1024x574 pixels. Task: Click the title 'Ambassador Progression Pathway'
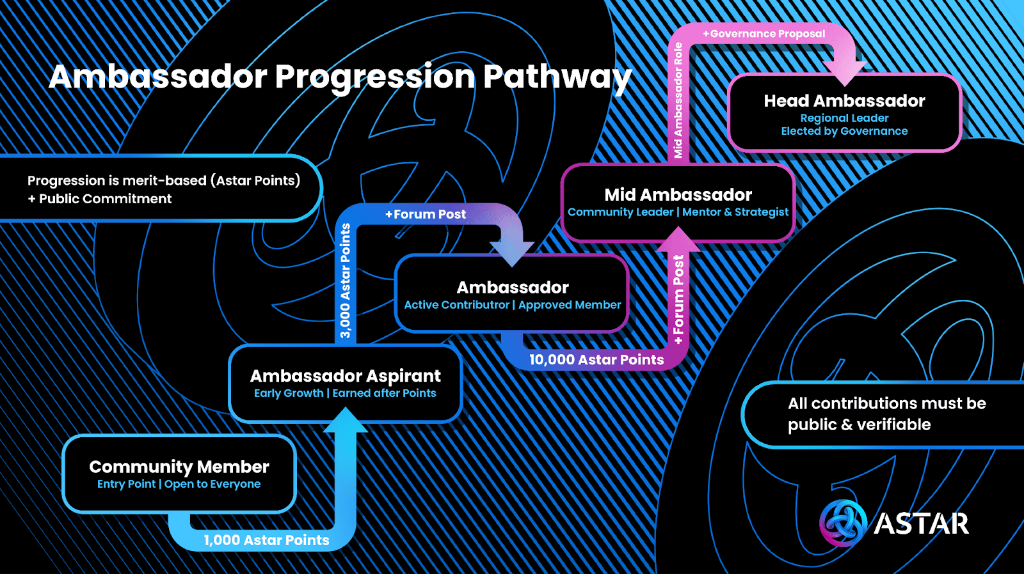coord(340,77)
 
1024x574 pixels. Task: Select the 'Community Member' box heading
coord(179,467)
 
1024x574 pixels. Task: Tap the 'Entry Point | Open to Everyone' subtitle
coord(179,484)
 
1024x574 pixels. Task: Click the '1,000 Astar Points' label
coord(266,540)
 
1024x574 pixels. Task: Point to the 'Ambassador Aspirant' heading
coord(346,376)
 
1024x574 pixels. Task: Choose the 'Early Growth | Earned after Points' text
coord(345,393)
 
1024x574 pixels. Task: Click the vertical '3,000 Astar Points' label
coord(346,281)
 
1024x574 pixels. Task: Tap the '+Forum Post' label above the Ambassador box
coord(426,214)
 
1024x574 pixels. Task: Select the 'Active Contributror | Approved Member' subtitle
coord(513,305)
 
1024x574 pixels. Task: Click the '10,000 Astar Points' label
coord(596,360)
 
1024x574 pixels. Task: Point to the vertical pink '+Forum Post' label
coord(678,299)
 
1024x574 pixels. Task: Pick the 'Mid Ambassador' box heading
coord(678,194)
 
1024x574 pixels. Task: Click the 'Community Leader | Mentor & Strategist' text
coord(678,212)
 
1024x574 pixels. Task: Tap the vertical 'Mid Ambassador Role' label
coord(678,100)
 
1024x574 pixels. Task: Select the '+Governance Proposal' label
coord(764,34)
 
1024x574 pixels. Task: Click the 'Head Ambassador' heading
coord(844,101)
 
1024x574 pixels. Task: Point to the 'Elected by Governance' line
coord(844,131)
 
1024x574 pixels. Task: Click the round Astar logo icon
coord(844,523)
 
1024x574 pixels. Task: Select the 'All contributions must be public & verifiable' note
coord(886,414)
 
